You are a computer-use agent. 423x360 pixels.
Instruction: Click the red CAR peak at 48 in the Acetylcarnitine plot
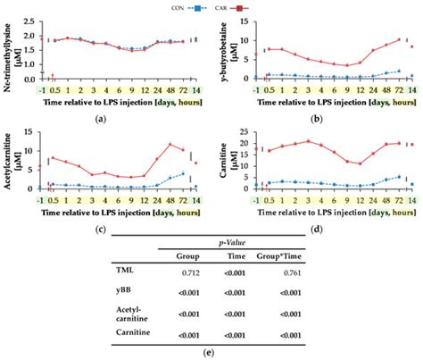(x=171, y=144)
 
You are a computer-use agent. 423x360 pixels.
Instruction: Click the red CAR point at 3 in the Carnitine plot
(x=308, y=141)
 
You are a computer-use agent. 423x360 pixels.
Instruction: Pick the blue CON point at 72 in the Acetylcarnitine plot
(x=184, y=174)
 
